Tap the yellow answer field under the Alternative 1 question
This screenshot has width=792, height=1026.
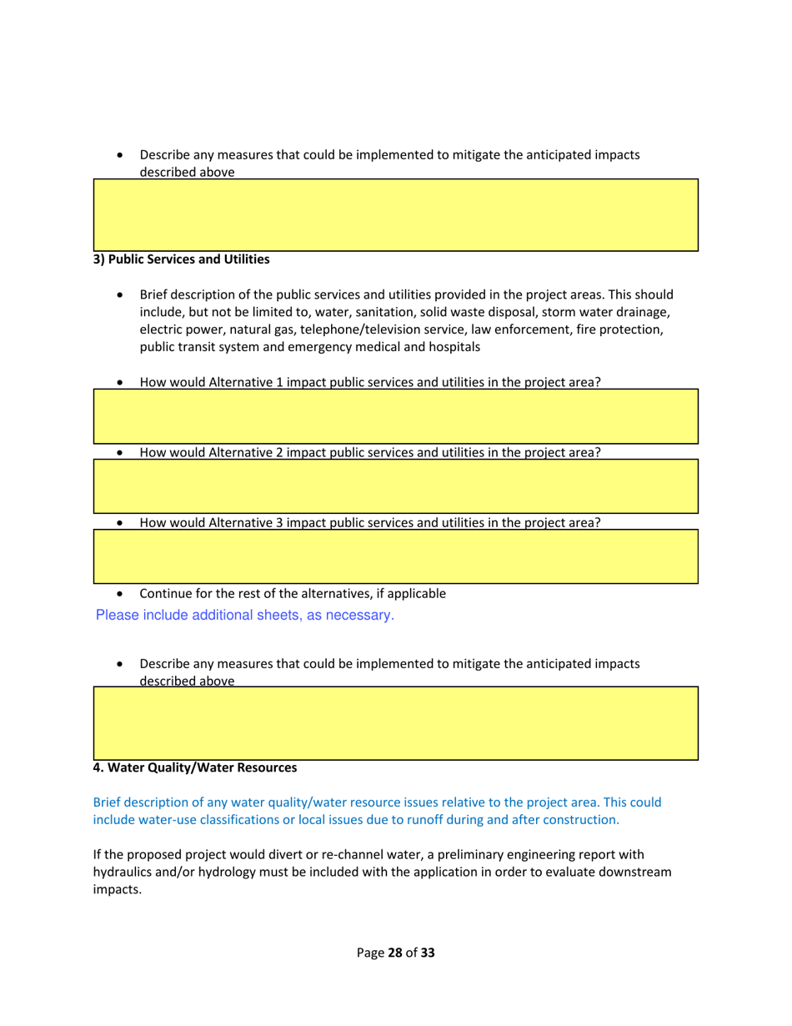[x=395, y=415]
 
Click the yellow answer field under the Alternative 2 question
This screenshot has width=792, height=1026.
[x=395, y=485]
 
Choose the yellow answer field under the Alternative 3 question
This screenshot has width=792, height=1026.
[x=395, y=556]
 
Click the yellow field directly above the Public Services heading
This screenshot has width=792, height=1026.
[x=395, y=214]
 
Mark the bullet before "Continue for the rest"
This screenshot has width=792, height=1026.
[x=123, y=594]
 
